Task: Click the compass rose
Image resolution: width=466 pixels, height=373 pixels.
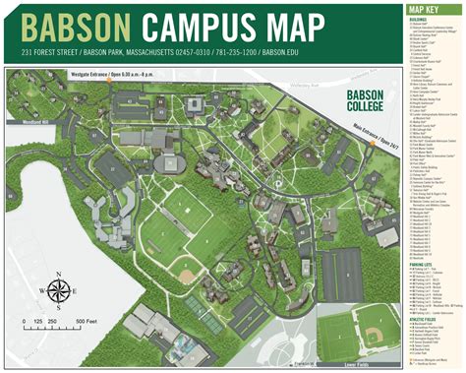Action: tap(58, 290)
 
